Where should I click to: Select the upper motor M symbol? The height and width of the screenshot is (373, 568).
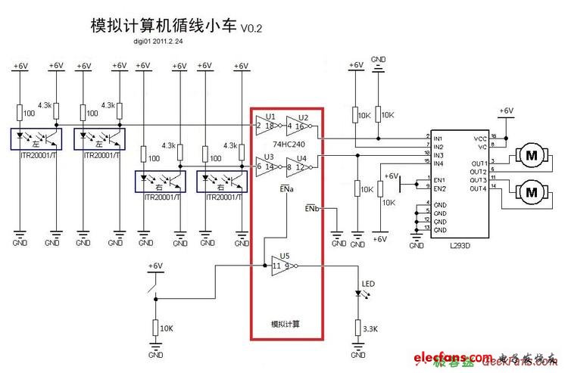tap(532, 156)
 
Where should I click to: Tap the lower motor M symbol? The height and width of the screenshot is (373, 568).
tap(532, 192)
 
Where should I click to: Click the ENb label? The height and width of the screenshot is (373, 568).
tap(311, 207)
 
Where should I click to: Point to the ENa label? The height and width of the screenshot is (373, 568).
tap(286, 185)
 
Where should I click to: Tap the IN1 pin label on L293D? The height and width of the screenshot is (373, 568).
tap(438, 138)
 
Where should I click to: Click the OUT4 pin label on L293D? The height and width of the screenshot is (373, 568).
tap(478, 188)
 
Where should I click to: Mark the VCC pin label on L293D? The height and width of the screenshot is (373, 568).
tap(479, 138)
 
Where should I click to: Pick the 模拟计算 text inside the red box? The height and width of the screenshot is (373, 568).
tap(286, 324)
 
